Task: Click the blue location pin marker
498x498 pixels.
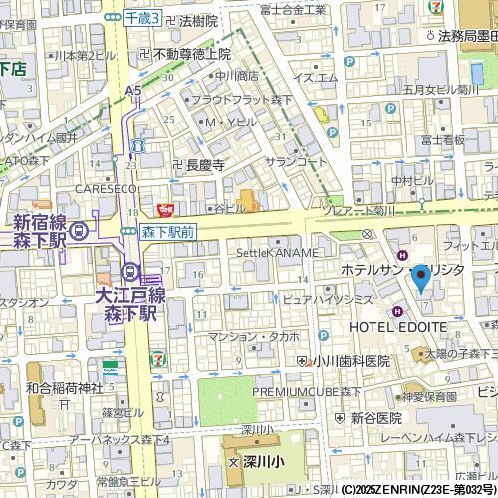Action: tap(421, 276)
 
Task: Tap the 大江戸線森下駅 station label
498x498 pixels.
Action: tap(128, 304)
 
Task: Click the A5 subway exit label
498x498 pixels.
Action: tap(133, 90)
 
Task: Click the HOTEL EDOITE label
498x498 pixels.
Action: tap(397, 327)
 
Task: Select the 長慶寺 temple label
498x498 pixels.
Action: tap(204, 165)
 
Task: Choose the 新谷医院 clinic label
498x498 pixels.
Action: tap(379, 419)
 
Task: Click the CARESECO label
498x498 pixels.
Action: tap(105, 187)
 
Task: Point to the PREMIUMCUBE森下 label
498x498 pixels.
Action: tap(306, 392)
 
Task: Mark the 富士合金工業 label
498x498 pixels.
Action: tap(292, 9)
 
